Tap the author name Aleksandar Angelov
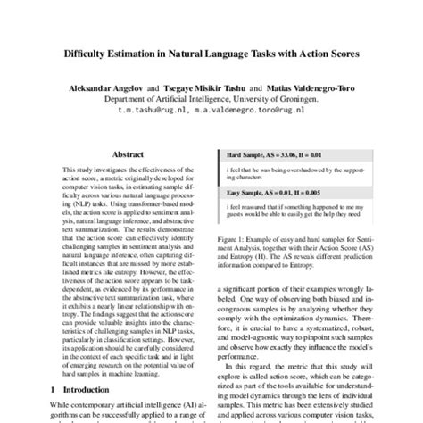tap(104, 89)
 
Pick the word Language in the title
tap(248, 54)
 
